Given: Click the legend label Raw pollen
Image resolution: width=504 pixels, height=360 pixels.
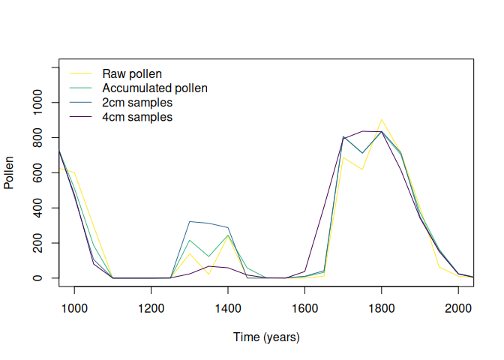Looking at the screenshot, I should tap(132, 73).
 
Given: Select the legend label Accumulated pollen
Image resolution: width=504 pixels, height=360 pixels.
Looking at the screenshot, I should tap(154, 88).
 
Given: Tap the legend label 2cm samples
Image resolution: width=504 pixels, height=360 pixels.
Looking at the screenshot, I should tap(137, 103).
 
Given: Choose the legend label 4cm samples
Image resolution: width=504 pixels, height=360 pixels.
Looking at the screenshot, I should tap(137, 118).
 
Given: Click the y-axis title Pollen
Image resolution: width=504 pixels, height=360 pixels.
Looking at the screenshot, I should tap(10, 172).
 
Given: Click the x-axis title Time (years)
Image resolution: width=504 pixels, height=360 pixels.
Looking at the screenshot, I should tap(266, 337).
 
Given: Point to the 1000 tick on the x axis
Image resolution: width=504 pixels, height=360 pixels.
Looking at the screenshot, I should tap(74, 307).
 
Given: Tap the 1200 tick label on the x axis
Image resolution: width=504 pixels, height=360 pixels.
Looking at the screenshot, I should tap(151, 307).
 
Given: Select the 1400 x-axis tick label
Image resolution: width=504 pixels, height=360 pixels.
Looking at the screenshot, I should tap(228, 307).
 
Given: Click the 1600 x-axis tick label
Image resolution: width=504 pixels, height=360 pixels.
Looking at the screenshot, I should tap(304, 307).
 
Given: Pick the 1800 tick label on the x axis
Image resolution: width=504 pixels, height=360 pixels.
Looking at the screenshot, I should tap(381, 307).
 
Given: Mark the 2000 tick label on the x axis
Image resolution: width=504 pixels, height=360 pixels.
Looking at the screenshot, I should tap(458, 307).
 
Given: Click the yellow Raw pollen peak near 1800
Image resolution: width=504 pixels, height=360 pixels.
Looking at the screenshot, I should tap(381, 119).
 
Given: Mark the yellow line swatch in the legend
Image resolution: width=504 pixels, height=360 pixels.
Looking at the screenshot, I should tap(80, 73).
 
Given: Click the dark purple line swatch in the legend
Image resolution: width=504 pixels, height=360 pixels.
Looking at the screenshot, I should tap(80, 118).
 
